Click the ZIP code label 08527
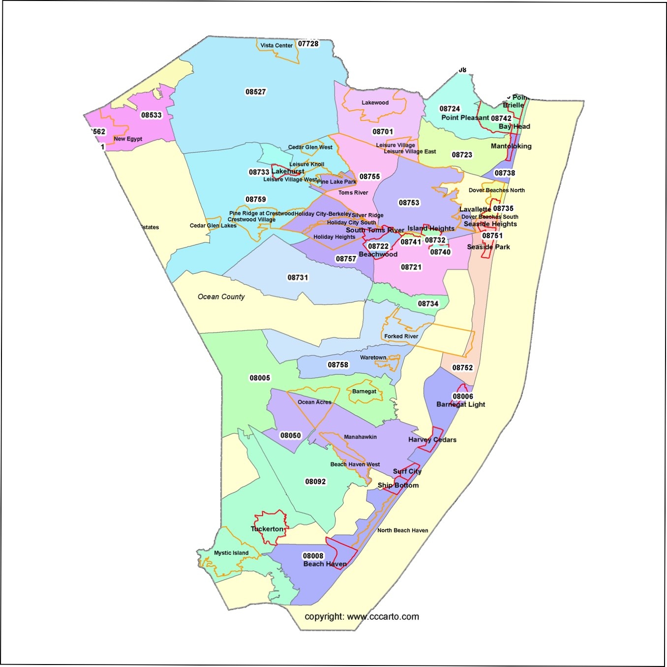255,91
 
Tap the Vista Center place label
276,45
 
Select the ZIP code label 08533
151,115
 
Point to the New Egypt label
128,139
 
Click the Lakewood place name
375,103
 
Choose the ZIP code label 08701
383,131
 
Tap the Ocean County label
221,297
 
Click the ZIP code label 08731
298,277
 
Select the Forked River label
401,336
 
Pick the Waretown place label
373,358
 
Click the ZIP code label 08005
260,378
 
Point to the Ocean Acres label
314,402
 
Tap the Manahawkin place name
360,437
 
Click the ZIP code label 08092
315,482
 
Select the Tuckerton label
267,529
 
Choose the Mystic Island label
231,553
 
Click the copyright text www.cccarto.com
362,616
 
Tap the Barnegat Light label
460,404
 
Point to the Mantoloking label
511,146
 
